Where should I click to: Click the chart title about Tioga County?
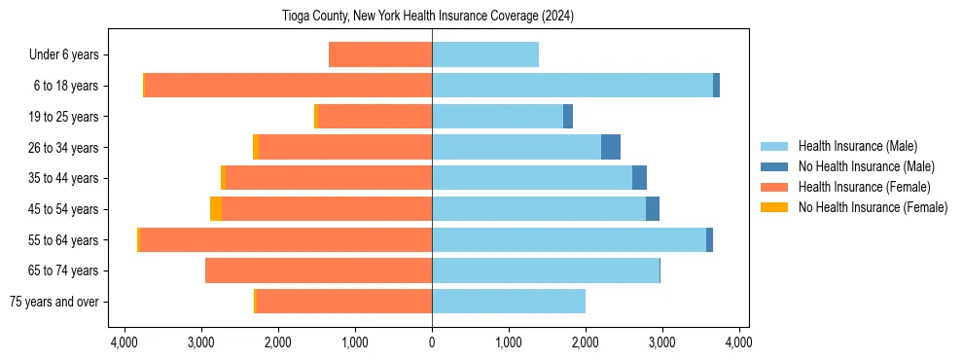[x=433, y=16]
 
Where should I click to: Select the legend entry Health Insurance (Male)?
[x=857, y=147]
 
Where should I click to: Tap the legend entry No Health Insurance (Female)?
[x=873, y=207]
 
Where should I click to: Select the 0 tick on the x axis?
[x=432, y=342]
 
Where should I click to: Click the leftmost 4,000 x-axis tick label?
[x=125, y=342]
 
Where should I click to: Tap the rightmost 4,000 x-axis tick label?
[x=738, y=342]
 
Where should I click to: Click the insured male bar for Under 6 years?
[x=484, y=55]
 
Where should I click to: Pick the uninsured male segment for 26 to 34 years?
[x=611, y=148]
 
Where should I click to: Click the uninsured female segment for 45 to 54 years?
[x=216, y=209]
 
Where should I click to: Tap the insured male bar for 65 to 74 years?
[x=545, y=270]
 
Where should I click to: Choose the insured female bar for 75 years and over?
[x=343, y=302]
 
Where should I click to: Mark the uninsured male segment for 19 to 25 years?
[x=568, y=117]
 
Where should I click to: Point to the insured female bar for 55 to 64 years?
[x=286, y=240]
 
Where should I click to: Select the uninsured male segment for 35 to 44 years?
[x=639, y=178]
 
